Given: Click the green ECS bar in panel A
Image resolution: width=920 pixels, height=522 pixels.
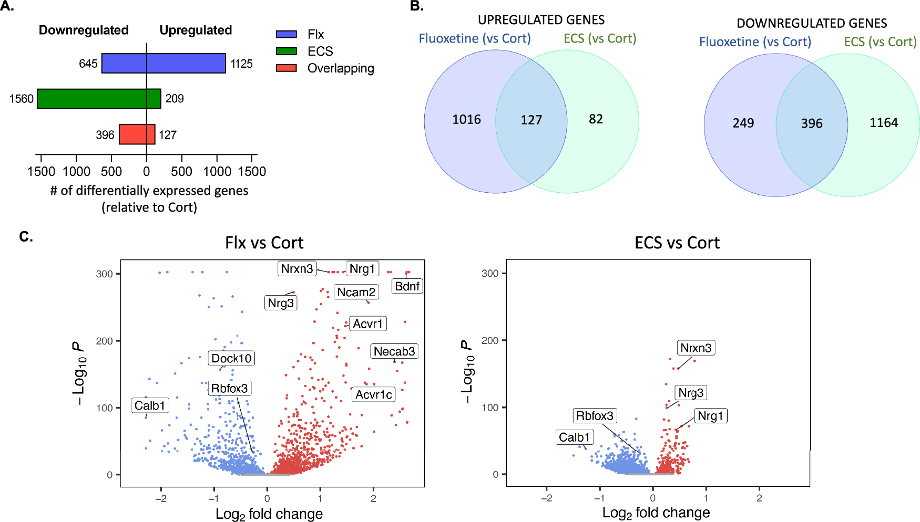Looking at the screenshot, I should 99,99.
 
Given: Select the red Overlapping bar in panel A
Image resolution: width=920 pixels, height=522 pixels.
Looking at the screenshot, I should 137,134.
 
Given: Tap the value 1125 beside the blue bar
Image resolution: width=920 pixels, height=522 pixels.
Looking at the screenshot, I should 241,64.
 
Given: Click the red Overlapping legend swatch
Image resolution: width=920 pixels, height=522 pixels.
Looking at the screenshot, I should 287,68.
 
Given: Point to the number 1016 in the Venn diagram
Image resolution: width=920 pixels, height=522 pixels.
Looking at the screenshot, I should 466,120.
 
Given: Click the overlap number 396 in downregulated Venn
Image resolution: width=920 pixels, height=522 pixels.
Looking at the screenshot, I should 811,123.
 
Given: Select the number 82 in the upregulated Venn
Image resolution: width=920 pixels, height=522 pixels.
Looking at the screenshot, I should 595,119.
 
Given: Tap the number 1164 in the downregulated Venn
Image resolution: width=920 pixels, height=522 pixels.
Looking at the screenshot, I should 883,123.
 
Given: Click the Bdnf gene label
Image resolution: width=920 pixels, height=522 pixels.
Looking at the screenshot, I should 407,286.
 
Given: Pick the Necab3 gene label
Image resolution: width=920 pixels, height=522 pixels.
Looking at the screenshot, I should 394,351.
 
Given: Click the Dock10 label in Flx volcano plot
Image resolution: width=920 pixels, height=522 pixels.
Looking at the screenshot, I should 231,359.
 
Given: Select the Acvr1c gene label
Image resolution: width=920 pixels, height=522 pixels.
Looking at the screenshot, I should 373,394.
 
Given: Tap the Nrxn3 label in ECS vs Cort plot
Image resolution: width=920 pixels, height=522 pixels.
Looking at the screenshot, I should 696,348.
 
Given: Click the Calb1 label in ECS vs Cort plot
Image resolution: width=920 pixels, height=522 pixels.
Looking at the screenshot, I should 575,437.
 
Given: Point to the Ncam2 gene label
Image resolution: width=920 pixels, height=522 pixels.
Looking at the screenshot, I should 356,292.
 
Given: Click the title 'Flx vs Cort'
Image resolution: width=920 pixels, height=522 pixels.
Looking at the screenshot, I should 264,243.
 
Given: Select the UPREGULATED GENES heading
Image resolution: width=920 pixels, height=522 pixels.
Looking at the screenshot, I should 541,20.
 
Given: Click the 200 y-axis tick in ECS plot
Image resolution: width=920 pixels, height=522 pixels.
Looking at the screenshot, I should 489,340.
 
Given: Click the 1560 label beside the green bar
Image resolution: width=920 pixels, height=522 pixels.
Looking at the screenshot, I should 22,99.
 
